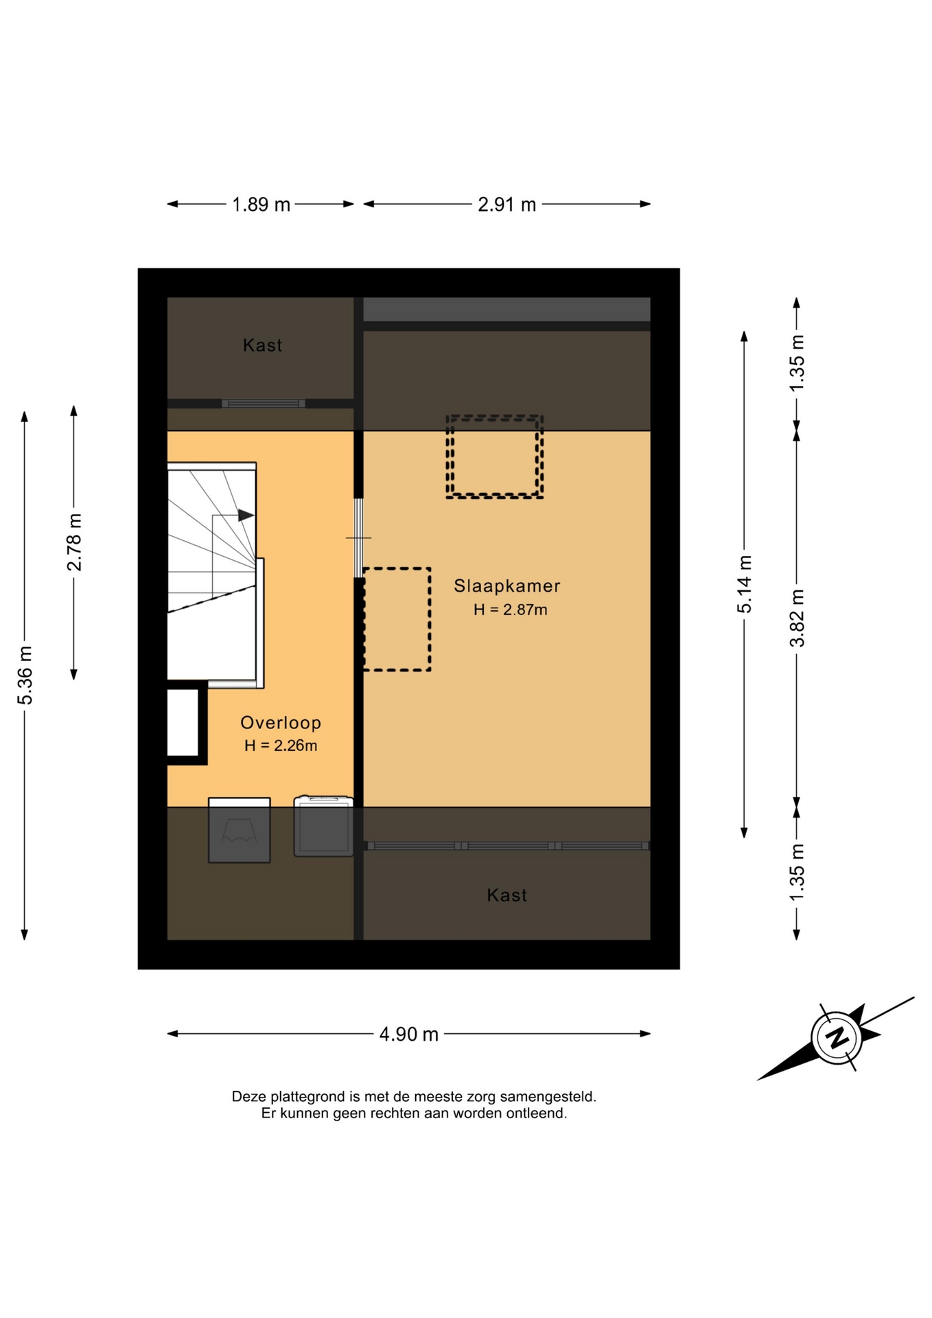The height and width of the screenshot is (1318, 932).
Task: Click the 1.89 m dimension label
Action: pyautogui.click(x=261, y=205)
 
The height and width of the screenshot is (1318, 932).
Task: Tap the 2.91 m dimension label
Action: pyautogui.click(x=506, y=205)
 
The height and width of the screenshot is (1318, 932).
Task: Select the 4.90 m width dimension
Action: pyautogui.click(x=409, y=1034)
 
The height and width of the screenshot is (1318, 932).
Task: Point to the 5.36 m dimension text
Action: pyautogui.click(x=25, y=675)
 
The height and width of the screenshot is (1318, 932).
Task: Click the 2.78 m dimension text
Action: pyautogui.click(x=74, y=542)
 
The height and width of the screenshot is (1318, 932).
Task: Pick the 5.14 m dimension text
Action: pyautogui.click(x=745, y=584)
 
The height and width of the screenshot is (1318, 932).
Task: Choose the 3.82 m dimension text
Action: pyautogui.click(x=797, y=618)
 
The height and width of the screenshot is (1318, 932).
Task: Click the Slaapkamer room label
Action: pyautogui.click(x=507, y=586)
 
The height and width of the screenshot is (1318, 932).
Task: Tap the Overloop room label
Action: pyautogui.click(x=281, y=722)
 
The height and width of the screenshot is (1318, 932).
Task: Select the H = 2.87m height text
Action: pyautogui.click(x=510, y=610)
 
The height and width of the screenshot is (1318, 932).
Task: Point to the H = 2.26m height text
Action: pyautogui.click(x=281, y=745)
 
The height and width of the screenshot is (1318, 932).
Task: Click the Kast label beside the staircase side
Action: pyautogui.click(x=263, y=345)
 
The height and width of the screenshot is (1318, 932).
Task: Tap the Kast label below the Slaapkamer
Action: pyautogui.click(x=507, y=895)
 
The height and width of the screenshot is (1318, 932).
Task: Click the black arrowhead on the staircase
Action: pyautogui.click(x=246, y=515)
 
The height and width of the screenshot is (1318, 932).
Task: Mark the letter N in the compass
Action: pyautogui.click(x=837, y=1037)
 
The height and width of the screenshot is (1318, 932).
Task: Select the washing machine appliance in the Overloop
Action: pyautogui.click(x=323, y=826)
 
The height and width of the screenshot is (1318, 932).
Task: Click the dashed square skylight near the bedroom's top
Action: pyautogui.click(x=495, y=456)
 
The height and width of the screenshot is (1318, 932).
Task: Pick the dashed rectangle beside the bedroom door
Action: pyautogui.click(x=397, y=619)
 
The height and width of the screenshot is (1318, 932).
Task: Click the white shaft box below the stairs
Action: pyautogui.click(x=183, y=722)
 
